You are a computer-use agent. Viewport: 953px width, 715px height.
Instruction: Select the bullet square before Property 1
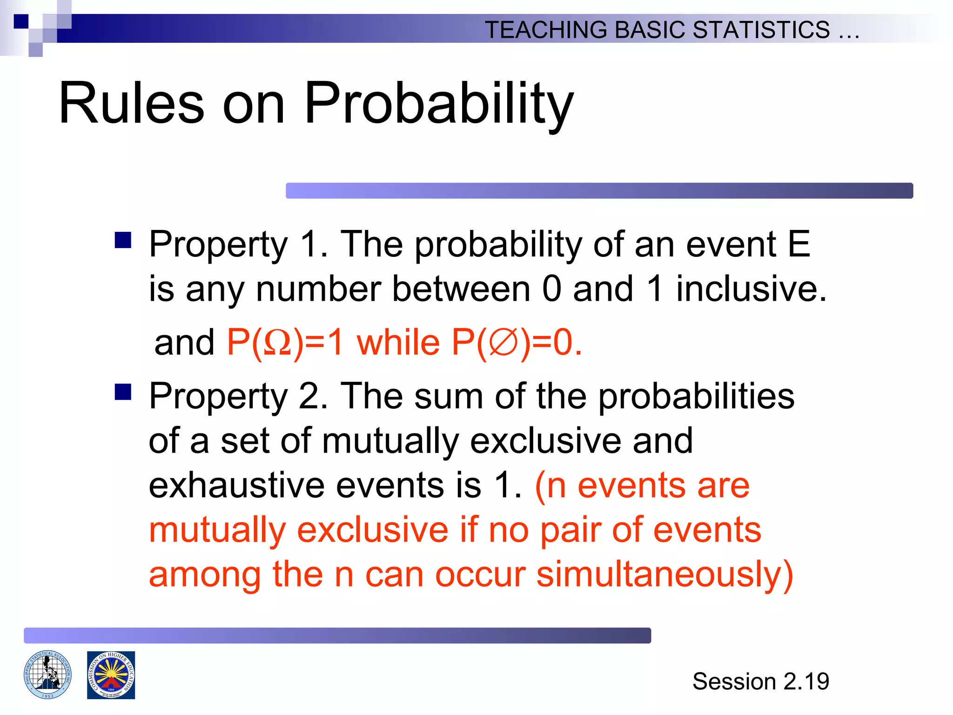tap(123, 241)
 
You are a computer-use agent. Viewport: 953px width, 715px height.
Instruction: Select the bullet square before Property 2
tap(123, 392)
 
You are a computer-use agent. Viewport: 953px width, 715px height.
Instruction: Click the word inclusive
tap(751, 289)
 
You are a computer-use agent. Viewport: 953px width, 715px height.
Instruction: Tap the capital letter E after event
tap(799, 244)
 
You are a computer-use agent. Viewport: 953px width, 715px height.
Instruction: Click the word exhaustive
tap(236, 486)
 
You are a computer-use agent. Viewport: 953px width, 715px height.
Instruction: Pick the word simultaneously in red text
tap(664, 574)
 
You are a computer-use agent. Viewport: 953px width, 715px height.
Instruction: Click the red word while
tap(398, 342)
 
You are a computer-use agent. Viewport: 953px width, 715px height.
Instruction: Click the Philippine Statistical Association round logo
tap(47, 675)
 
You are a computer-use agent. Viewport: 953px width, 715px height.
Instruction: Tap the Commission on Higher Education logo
tap(111, 675)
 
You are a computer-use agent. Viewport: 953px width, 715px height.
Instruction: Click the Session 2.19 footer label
tap(760, 681)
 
